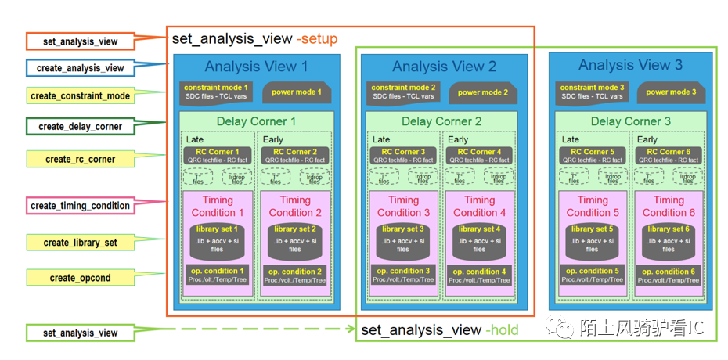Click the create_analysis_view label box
(80, 68)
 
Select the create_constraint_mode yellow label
(80, 96)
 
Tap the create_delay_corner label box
(80, 126)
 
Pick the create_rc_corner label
(80, 159)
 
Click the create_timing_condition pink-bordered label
(80, 206)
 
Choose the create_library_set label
(80, 243)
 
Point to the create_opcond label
(80, 278)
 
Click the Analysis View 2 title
(444, 67)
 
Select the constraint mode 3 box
(592, 92)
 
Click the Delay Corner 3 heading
(630, 121)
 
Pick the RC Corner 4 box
(478, 155)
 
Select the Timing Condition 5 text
(593, 206)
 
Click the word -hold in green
(502, 330)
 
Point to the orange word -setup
(316, 38)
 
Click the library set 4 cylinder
(478, 240)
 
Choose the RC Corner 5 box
(592, 155)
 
